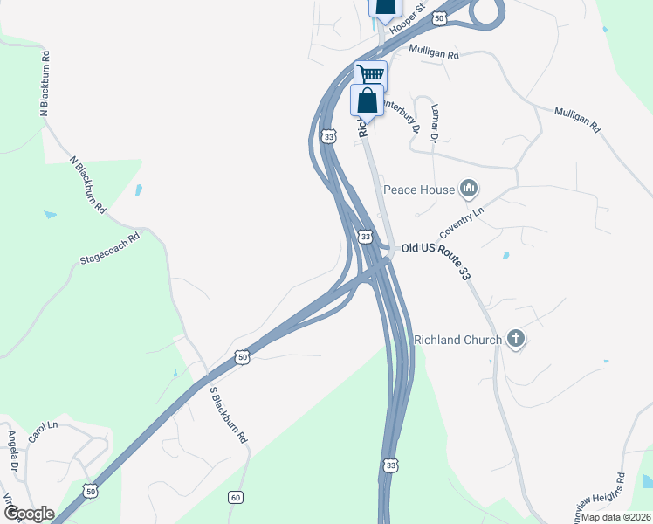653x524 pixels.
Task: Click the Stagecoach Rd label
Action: (x=110, y=248)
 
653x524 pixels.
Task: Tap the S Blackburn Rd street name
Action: (x=228, y=415)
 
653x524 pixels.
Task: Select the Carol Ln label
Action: (x=42, y=431)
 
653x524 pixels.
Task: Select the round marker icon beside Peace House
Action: (x=469, y=188)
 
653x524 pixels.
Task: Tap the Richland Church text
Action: (x=457, y=340)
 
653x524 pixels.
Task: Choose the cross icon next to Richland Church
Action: (x=516, y=339)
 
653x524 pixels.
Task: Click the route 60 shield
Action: (x=236, y=497)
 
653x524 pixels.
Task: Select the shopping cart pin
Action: (x=370, y=74)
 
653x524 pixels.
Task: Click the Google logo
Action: (x=29, y=514)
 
